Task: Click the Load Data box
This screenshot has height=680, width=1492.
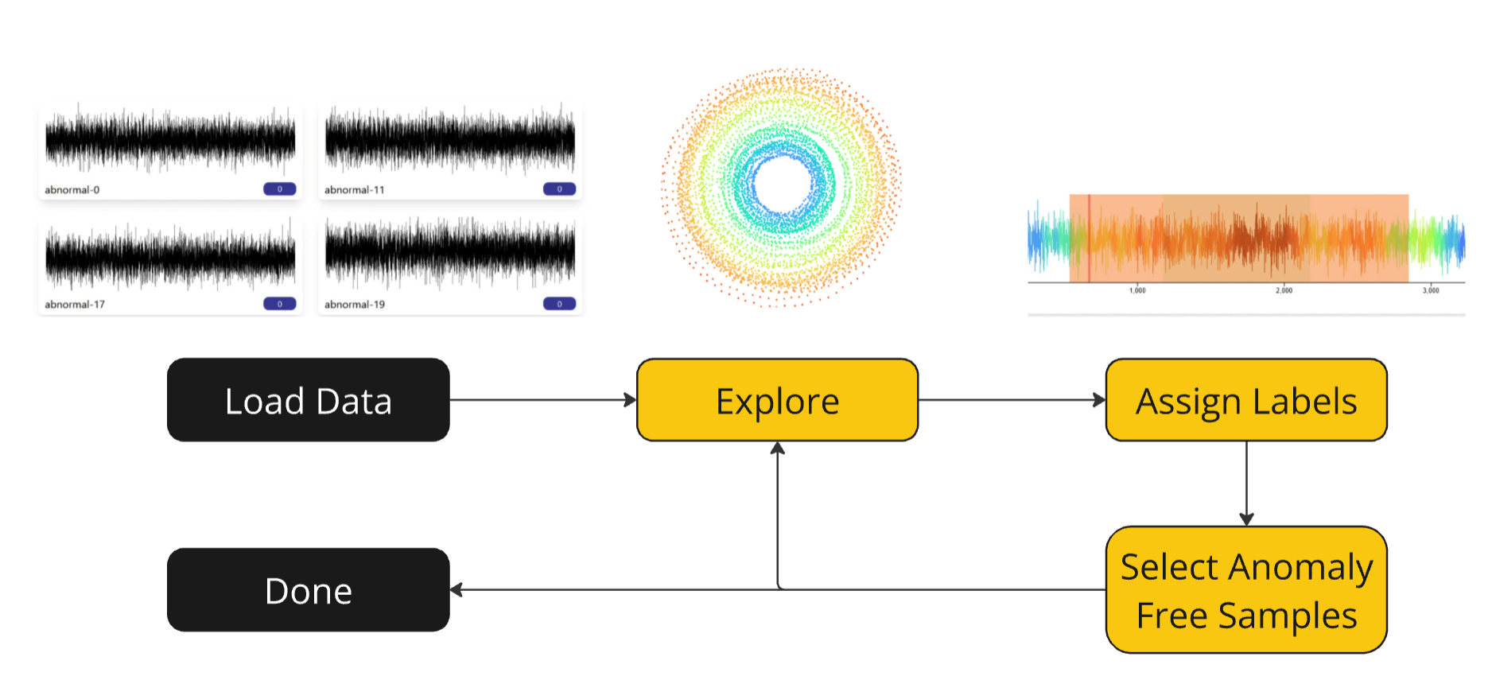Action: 308,400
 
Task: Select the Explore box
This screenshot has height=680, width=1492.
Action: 777,400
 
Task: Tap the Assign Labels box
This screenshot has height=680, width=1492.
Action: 1245,400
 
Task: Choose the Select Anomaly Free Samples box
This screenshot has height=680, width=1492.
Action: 1245,590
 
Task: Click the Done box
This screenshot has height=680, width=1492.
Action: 308,590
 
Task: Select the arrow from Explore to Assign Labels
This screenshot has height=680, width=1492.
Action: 1011,400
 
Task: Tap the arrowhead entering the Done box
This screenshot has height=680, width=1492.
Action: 457,590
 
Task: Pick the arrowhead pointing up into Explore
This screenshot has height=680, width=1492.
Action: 778,449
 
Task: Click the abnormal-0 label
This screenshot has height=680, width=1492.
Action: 72,190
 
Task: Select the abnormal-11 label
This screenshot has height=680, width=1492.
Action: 354,190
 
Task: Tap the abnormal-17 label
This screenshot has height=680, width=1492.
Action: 75,305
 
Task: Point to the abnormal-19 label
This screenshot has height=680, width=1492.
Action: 355,305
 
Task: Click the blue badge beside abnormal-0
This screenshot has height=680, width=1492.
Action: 279,189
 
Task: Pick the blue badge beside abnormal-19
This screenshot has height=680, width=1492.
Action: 559,304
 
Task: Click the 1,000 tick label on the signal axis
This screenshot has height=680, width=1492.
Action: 1137,291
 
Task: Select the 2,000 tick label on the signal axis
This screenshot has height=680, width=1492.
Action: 1284,291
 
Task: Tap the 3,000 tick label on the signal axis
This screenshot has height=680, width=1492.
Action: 1431,291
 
